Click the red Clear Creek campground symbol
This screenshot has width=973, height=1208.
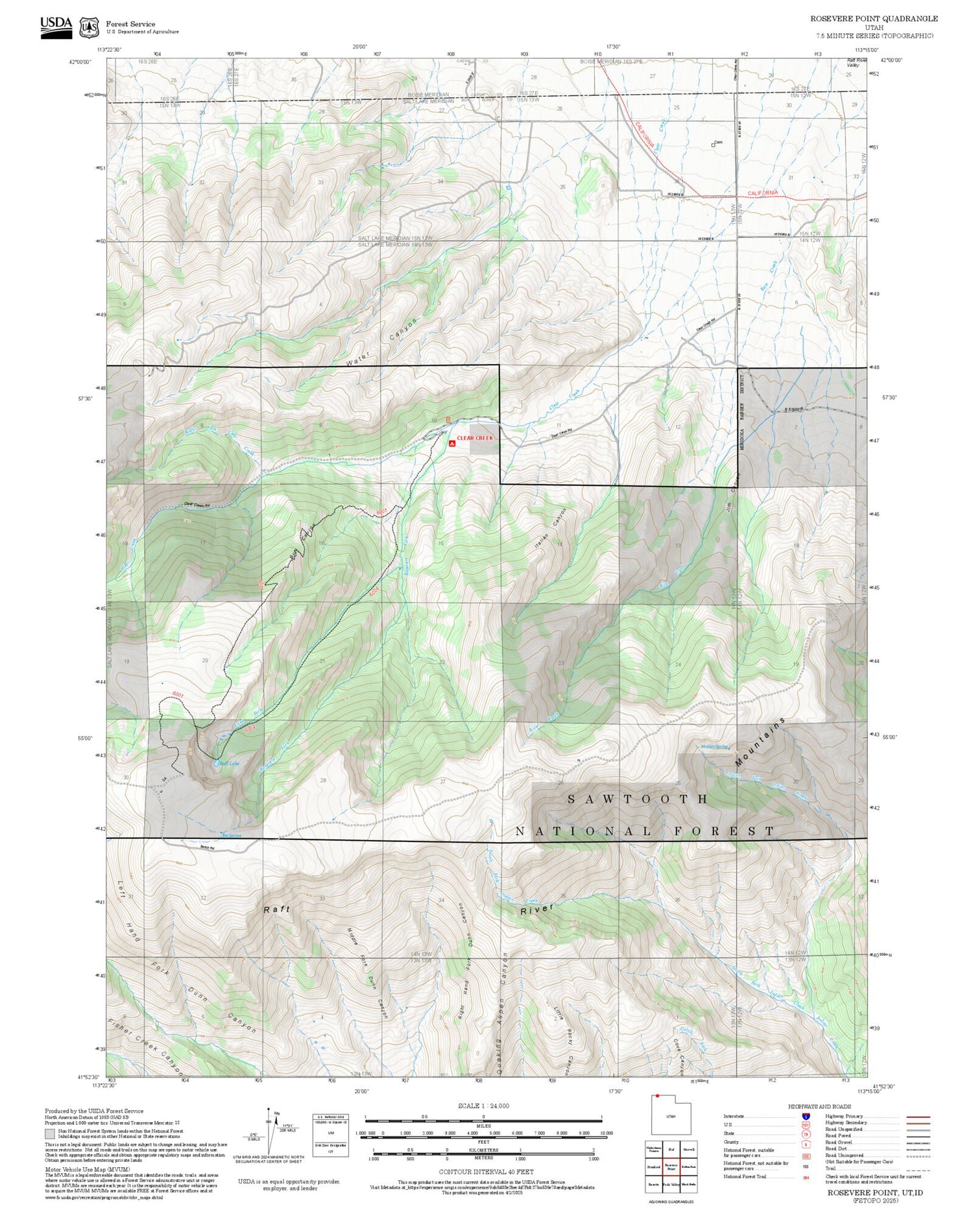[451, 444]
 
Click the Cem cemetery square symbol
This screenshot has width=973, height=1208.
[713, 145]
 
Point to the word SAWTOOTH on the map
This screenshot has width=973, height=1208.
[638, 799]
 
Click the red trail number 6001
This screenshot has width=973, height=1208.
[178, 694]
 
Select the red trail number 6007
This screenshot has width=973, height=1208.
[381, 513]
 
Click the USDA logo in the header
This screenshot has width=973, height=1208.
[56, 27]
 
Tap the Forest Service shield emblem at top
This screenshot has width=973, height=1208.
[89, 28]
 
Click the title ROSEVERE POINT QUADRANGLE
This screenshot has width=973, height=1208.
[874, 18]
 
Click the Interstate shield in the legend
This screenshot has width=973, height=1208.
[806, 1116]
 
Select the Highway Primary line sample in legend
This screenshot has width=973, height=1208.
[916, 1117]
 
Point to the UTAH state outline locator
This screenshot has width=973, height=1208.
[671, 1115]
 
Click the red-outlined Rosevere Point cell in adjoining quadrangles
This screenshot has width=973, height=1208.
[671, 1166]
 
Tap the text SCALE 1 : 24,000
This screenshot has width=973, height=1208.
[483, 1105]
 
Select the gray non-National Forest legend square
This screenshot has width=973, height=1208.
[49, 1134]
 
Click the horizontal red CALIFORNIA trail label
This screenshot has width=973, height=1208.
[762, 193]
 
